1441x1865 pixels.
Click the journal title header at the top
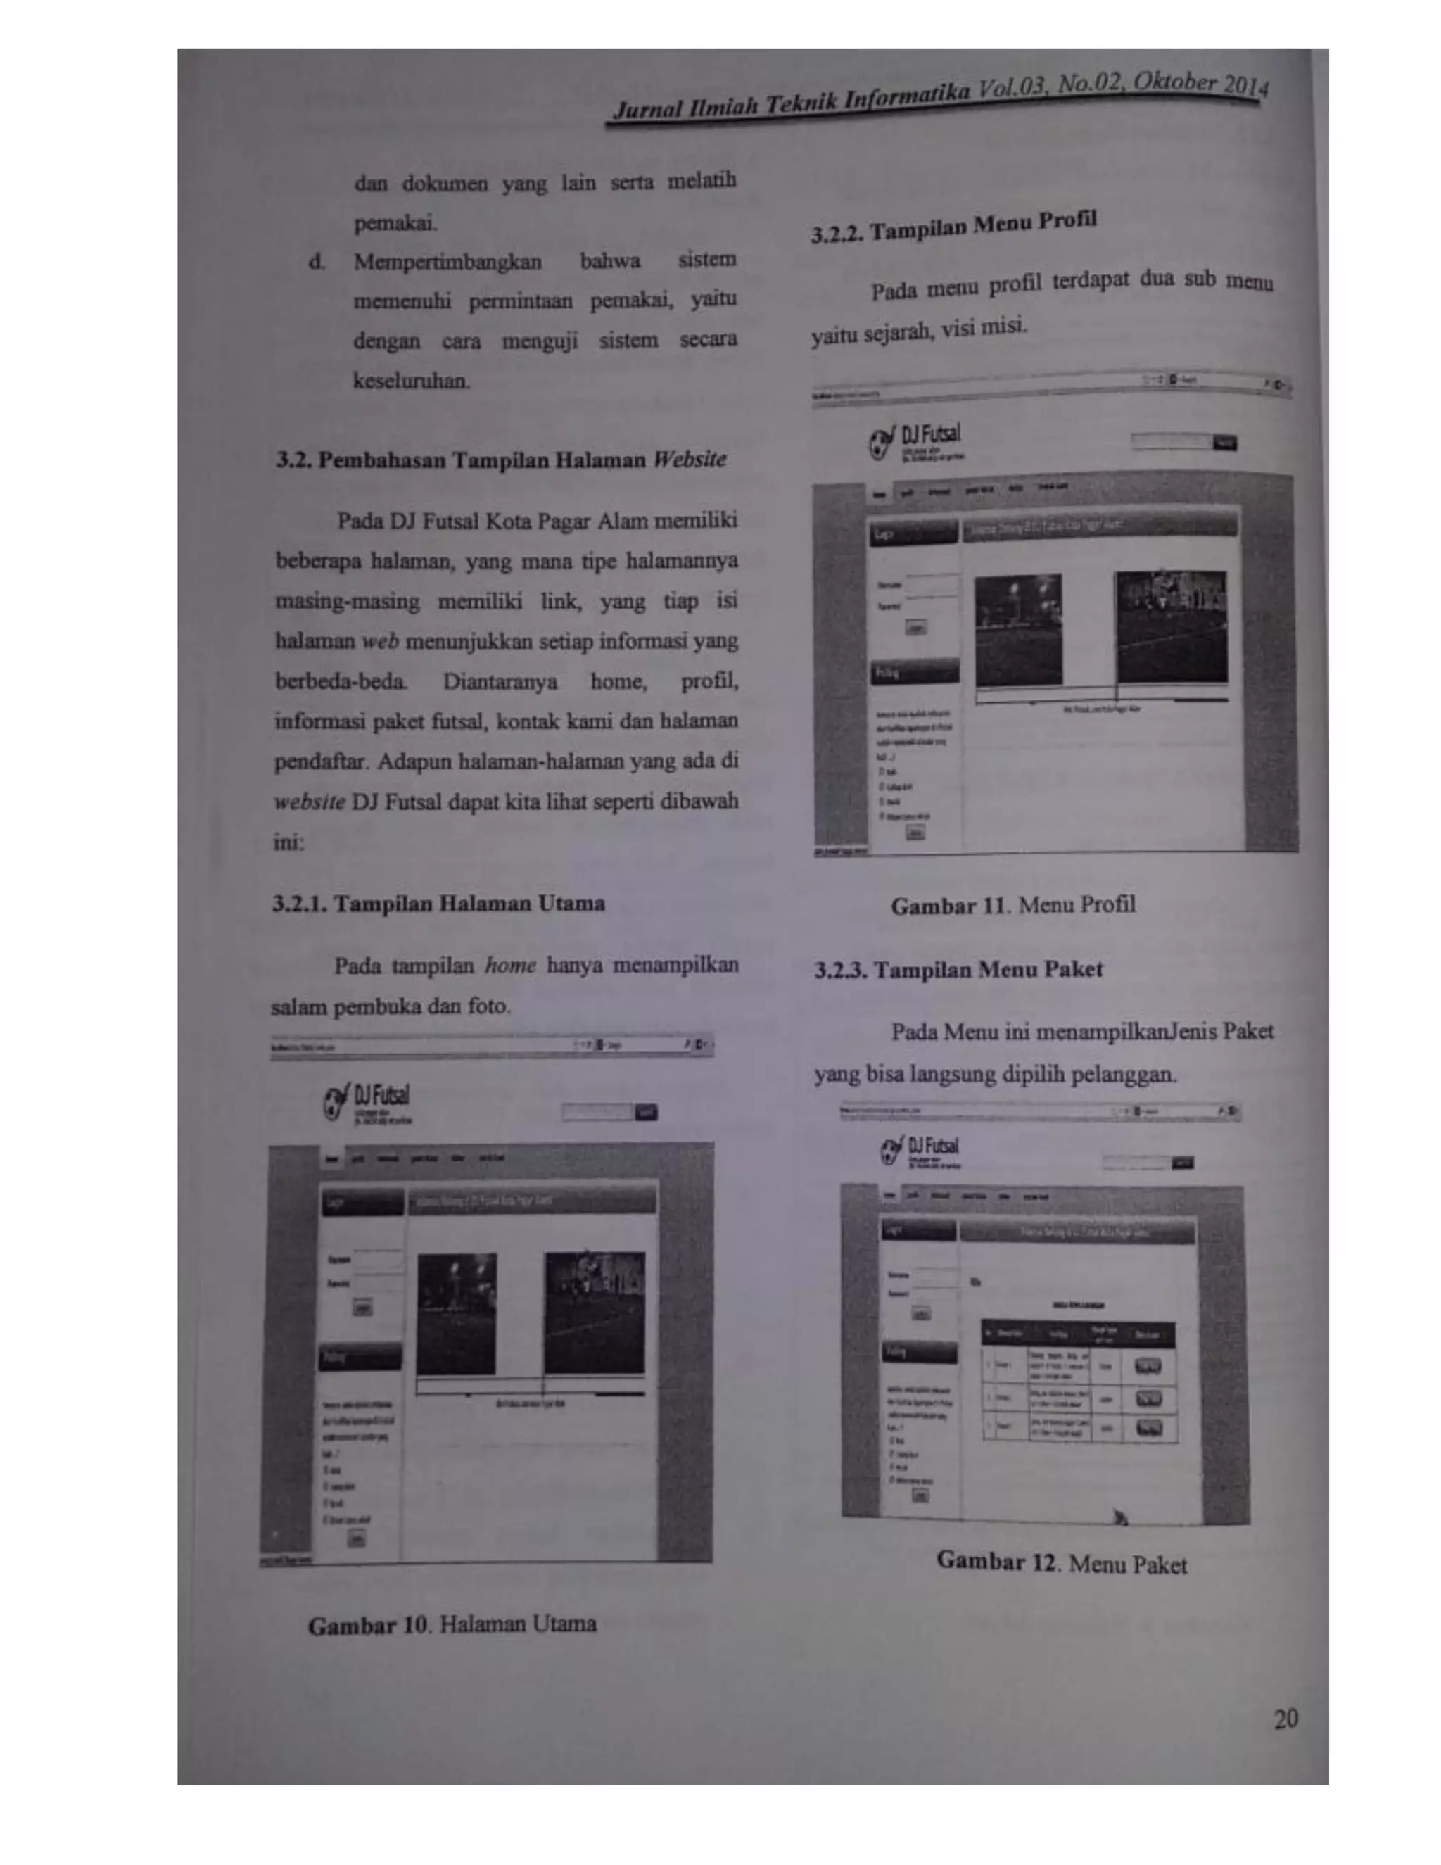939,99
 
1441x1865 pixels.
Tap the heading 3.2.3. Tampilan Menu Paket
958,970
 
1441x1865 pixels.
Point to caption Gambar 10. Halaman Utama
452,1624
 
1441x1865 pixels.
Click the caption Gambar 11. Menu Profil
1012,905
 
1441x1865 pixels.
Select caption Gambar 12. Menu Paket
1061,1562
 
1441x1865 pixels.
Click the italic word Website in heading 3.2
690,460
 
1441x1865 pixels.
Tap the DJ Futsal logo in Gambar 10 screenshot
367,1102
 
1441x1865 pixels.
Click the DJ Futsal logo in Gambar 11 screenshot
915,441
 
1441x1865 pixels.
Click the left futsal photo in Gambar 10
456,1313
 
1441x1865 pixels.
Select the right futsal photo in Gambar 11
1172,628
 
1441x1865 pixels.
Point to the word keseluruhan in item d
412,381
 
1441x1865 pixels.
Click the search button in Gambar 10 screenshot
646,1112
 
